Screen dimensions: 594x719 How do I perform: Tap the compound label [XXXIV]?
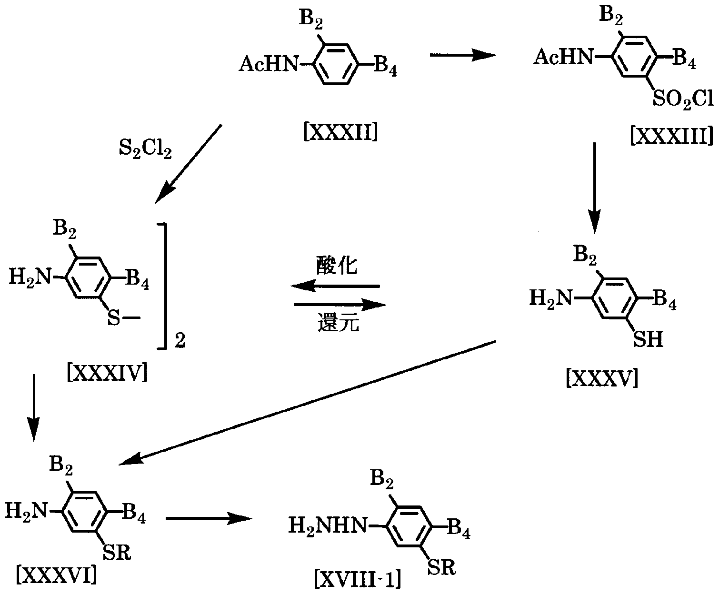coord(107,373)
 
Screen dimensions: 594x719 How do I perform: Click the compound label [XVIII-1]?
coord(357,579)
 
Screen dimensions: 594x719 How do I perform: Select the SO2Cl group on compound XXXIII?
coord(682,99)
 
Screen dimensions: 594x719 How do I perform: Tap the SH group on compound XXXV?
coord(648,340)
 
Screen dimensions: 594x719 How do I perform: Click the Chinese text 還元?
coord(338,324)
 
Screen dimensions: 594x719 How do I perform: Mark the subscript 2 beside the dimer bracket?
coord(180,341)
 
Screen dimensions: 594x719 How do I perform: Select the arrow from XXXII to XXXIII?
coord(462,56)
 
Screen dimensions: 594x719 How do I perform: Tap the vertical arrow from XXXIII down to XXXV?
coord(594,183)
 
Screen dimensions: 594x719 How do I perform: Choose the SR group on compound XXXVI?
coord(116,553)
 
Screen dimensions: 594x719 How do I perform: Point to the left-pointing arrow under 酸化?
coord(336,286)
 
